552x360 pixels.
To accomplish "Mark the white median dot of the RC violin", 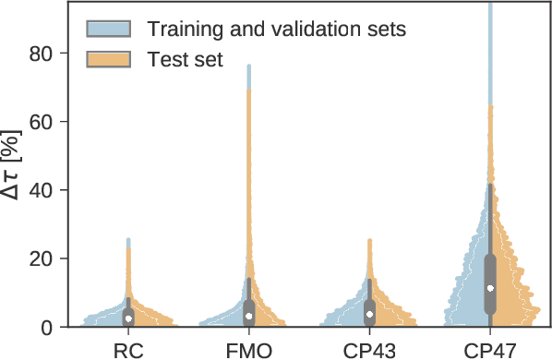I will tap(128, 318).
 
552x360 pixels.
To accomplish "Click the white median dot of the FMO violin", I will tap(249, 316).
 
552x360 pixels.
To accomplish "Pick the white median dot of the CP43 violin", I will tap(370, 314).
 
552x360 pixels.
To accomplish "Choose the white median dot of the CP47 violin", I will tap(490, 288).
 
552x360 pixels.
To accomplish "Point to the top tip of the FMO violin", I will tap(248, 66).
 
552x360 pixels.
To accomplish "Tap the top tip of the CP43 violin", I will tap(370, 240).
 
